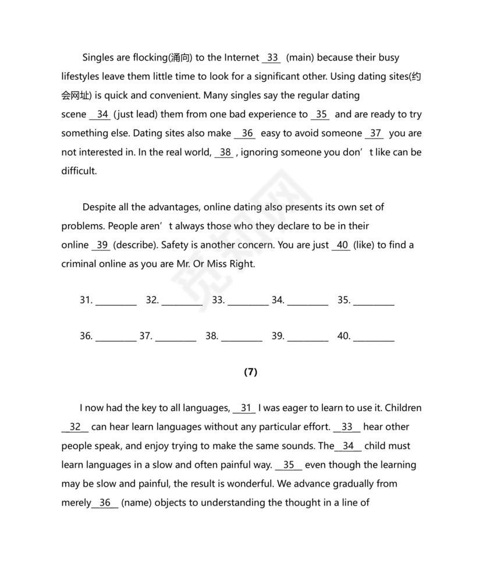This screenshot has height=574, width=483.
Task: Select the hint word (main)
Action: point(300,58)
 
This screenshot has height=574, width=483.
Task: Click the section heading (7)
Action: point(250,373)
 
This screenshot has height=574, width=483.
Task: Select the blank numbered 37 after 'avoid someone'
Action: point(375,133)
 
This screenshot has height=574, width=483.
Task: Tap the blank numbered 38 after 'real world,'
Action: point(225,153)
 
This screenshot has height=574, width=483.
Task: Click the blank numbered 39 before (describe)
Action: point(102,245)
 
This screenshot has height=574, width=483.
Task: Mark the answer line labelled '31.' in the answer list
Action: point(116,301)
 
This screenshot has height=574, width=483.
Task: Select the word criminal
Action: point(80,264)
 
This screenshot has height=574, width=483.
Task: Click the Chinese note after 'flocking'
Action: point(180,58)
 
